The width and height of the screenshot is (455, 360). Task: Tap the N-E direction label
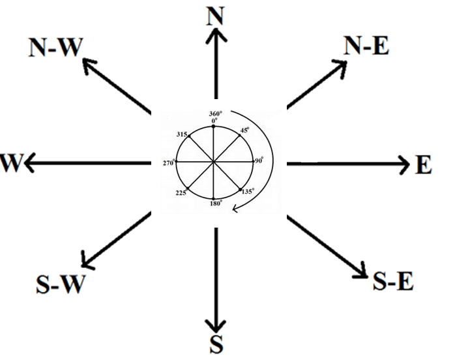(x=366, y=46)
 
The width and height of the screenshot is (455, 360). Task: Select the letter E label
(x=423, y=166)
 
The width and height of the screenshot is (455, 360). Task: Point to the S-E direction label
(x=392, y=282)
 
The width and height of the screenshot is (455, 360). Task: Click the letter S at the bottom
(x=217, y=344)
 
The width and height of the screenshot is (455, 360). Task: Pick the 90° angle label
(x=259, y=160)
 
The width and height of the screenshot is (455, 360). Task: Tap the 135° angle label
(x=247, y=192)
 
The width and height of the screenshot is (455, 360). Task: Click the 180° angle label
(x=216, y=203)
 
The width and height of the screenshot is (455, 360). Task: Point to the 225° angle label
(x=181, y=192)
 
